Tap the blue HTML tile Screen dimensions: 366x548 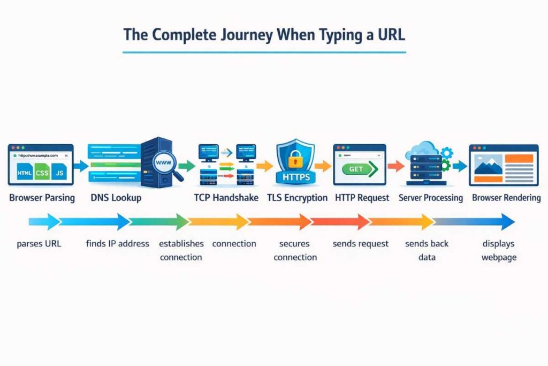click(x=24, y=173)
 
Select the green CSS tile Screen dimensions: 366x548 click(x=42, y=173)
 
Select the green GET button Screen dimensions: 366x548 click(x=357, y=169)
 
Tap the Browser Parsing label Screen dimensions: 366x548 click(x=42, y=198)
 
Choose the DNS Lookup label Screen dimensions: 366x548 click(x=116, y=198)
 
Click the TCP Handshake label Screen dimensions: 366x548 click(x=226, y=198)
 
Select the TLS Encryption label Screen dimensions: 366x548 click(x=297, y=198)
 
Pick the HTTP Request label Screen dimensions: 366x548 click(x=362, y=198)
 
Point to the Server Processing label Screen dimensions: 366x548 click(x=431, y=198)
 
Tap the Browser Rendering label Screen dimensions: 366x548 click(x=506, y=198)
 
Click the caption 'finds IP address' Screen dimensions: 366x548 click(x=117, y=243)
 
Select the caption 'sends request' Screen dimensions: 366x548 click(x=360, y=243)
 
